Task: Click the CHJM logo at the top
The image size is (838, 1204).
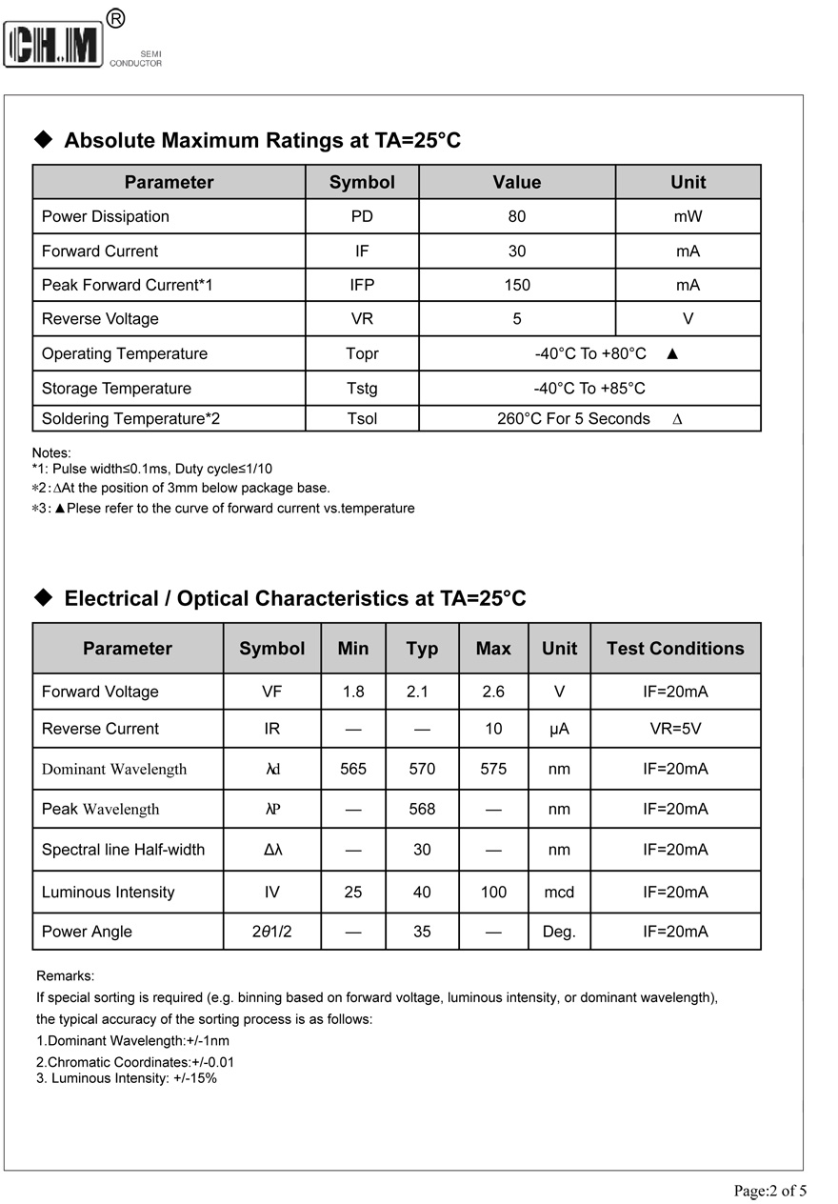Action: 54,44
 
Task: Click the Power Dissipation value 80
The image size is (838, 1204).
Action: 517,216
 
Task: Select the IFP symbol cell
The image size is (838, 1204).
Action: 362,285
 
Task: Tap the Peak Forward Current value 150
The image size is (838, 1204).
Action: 517,285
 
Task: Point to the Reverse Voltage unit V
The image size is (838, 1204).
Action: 688,319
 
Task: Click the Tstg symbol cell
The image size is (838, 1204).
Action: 362,389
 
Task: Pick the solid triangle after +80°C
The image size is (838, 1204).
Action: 672,353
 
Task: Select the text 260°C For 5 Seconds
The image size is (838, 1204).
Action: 573,419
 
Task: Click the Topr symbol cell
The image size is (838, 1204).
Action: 362,353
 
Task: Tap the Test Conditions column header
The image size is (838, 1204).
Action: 675,649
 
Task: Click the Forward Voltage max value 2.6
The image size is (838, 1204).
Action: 493,692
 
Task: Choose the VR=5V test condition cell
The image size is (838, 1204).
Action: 675,729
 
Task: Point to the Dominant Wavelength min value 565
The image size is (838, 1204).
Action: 353,769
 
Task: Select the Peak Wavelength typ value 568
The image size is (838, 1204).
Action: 422,809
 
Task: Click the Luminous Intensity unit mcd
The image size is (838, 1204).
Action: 559,893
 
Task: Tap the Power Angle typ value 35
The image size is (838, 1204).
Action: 422,932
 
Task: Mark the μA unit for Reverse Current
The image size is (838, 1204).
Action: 559,729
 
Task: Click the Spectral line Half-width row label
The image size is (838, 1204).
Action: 123,850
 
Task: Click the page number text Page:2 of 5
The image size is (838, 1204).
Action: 769,1191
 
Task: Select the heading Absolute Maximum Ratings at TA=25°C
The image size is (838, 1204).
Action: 262,141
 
